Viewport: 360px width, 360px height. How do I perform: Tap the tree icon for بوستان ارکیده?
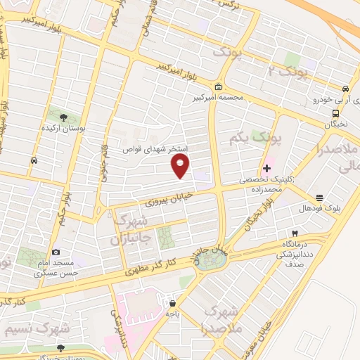[64, 117]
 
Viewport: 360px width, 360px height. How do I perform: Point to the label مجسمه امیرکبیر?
[218, 98]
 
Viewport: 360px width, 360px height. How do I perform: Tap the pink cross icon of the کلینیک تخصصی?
[266, 169]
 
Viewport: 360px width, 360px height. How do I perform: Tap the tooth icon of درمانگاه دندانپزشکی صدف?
[295, 233]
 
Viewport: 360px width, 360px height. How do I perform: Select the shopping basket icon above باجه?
[172, 303]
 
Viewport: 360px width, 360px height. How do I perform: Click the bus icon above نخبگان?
[336, 112]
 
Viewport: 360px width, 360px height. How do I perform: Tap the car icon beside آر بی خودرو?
[345, 89]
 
